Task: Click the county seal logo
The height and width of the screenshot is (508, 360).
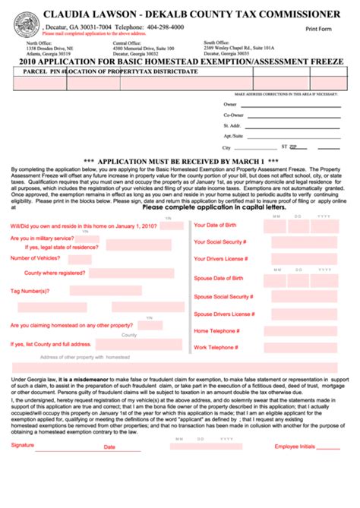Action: [x=27, y=27]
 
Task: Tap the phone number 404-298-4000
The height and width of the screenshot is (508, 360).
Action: [x=163, y=26]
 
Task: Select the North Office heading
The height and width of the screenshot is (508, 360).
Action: [x=30, y=43]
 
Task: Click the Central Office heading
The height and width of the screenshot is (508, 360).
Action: [x=127, y=43]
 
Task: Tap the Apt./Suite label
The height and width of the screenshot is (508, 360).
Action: [x=232, y=136]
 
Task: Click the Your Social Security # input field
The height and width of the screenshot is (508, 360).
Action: [x=300, y=241]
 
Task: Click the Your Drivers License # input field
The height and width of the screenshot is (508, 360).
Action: [x=300, y=260]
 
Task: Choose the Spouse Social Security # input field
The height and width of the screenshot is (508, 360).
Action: [x=300, y=295]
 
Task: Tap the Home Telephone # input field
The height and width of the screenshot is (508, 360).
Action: [x=300, y=330]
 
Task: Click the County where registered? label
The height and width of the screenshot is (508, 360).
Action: [x=55, y=272]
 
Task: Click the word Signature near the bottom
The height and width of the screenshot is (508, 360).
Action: [x=23, y=445]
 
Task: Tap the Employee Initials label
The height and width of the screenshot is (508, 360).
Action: [x=296, y=446]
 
